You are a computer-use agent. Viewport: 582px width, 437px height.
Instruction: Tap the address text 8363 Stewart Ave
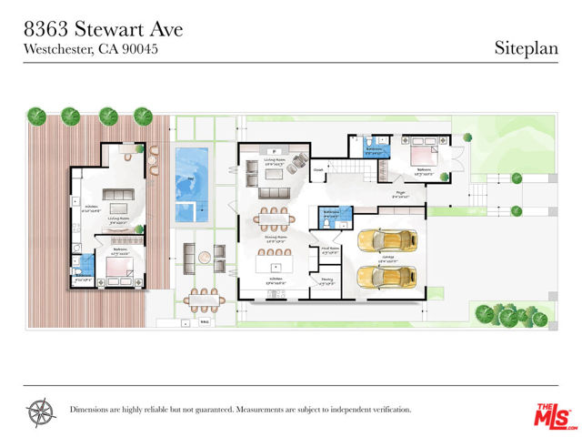click(103, 29)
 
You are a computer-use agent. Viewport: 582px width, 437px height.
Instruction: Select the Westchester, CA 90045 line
click(91, 49)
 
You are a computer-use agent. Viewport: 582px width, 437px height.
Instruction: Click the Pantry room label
click(327, 281)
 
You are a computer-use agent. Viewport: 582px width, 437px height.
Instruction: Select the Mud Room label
click(327, 248)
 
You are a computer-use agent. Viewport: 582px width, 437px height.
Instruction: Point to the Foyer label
click(400, 193)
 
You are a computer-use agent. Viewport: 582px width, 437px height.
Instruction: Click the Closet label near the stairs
click(319, 169)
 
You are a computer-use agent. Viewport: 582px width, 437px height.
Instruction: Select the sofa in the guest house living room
click(117, 197)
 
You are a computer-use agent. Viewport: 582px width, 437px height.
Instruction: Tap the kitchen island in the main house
click(274, 265)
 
